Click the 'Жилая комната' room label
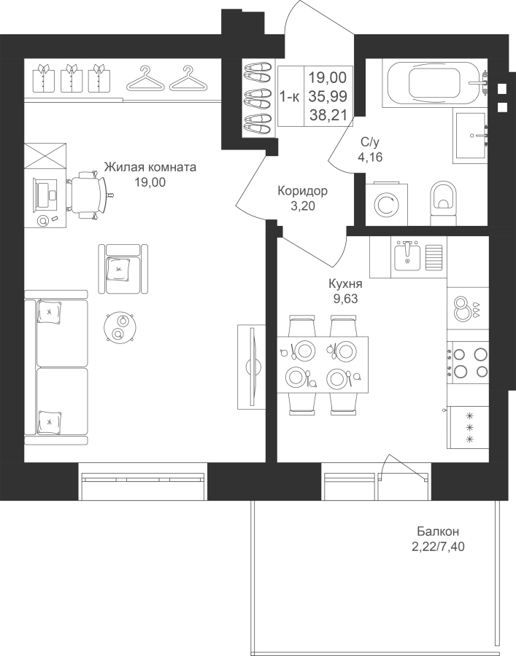150,166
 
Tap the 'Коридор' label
302,191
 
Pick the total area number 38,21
328,114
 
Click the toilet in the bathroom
443,202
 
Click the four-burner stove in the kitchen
469,362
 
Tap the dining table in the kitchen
323,364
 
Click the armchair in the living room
125,268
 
